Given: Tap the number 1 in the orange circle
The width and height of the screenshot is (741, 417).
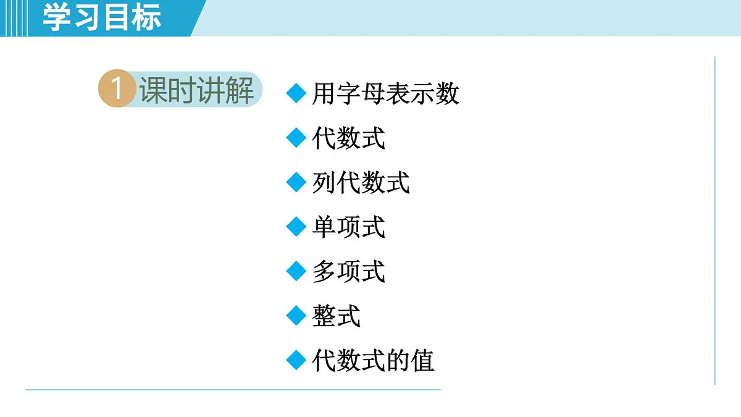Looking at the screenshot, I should [x=115, y=90].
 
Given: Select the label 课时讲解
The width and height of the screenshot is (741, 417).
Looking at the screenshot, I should [x=196, y=91].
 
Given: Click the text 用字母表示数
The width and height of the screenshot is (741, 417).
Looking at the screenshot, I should [x=385, y=94].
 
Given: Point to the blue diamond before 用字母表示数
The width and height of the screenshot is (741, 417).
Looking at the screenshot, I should [x=296, y=94].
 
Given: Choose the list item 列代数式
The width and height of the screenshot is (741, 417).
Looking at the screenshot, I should [x=361, y=183].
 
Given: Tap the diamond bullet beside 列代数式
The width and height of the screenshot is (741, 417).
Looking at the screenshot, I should [x=296, y=183].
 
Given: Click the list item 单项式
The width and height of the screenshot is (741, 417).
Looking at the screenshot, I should [x=348, y=227].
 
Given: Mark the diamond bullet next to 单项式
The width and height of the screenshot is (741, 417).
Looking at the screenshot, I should [x=296, y=227].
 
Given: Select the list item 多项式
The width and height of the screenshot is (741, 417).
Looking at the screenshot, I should [x=348, y=272].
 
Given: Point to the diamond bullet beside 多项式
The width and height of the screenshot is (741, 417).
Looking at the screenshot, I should [x=296, y=272].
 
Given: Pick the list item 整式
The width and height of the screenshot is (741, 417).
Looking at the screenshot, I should [x=336, y=316].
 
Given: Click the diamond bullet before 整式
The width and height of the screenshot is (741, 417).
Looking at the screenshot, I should [x=296, y=316].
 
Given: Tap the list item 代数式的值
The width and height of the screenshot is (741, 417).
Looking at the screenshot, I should [x=373, y=361].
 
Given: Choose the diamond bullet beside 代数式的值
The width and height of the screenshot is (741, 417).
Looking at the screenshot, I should [x=296, y=361].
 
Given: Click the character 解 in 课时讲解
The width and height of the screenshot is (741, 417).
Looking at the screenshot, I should [x=240, y=91].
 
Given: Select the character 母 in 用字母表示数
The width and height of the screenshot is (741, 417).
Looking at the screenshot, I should [x=373, y=94].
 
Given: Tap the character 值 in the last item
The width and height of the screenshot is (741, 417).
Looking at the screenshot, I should [x=422, y=361].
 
